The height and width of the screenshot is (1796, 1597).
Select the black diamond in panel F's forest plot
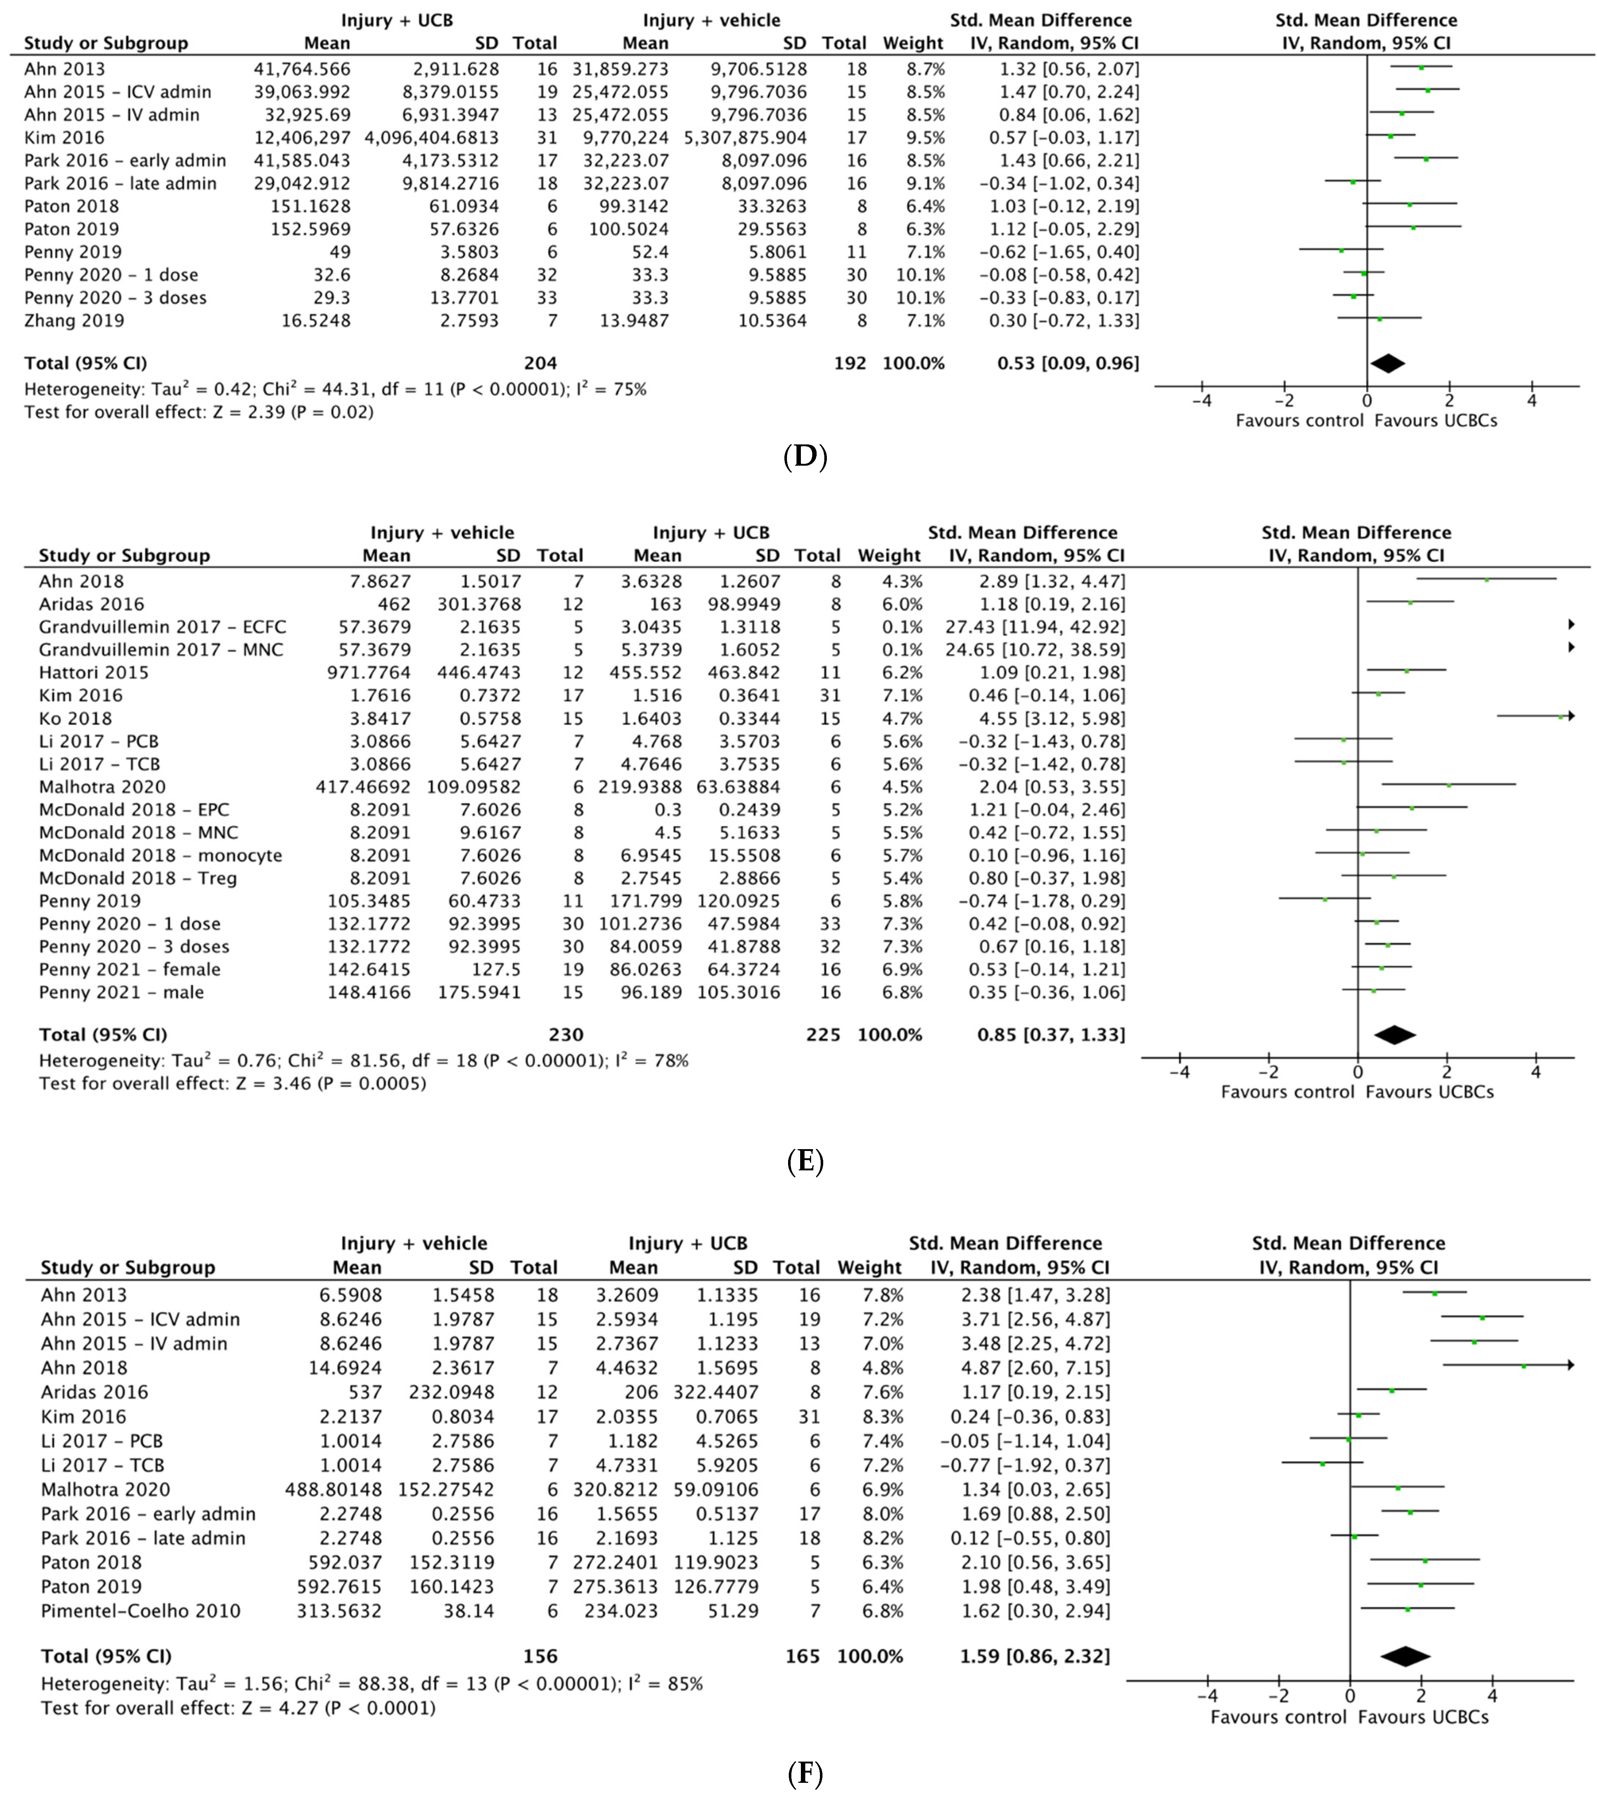point(1406,1655)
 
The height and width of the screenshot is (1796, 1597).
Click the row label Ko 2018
point(75,718)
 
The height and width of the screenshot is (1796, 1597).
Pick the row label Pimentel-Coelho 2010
point(141,1611)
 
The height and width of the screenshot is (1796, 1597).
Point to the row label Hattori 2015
point(94,672)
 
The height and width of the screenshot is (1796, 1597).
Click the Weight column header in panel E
point(889,555)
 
